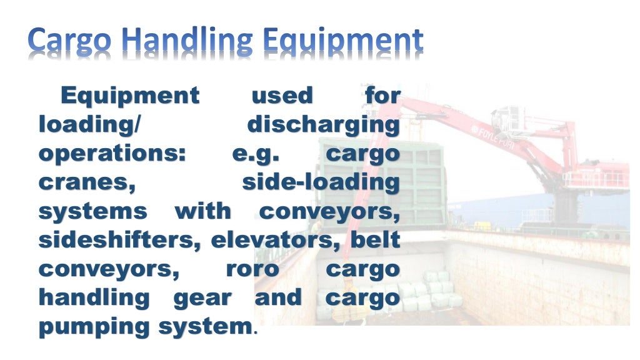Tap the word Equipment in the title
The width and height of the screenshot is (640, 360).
[342, 41]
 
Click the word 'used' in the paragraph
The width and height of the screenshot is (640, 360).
[281, 96]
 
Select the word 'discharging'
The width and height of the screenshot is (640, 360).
[323, 124]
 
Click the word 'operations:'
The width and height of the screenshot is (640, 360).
[112, 154]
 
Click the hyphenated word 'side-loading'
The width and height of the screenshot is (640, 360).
[320, 182]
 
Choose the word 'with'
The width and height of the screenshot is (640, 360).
[202, 211]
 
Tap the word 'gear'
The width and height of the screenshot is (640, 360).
[201, 298]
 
